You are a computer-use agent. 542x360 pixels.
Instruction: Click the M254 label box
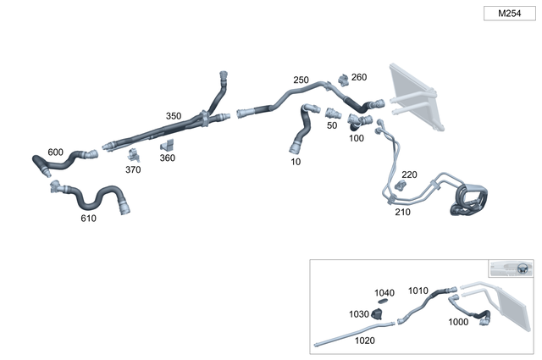509,14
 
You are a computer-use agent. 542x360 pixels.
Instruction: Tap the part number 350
173,116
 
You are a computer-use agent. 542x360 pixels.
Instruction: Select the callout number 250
301,80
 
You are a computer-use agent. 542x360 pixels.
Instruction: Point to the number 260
359,77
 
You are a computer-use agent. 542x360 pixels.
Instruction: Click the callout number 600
55,152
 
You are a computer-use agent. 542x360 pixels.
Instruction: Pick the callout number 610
88,218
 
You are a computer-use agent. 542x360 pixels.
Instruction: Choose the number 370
133,169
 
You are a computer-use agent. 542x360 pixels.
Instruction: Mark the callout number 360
168,158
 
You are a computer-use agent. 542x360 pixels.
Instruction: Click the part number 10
296,160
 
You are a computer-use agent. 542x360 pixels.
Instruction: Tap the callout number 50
332,125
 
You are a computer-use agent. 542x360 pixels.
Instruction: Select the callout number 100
357,137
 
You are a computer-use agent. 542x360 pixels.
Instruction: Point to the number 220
409,174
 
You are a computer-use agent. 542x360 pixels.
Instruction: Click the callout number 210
402,213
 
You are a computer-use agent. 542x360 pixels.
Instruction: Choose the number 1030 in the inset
359,313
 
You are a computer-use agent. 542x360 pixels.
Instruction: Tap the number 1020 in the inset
365,340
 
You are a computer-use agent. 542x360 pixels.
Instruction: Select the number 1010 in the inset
418,291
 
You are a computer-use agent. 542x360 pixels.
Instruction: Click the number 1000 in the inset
458,322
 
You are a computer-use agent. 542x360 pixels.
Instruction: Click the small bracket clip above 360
167,145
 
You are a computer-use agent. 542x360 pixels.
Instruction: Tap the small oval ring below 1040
383,301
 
